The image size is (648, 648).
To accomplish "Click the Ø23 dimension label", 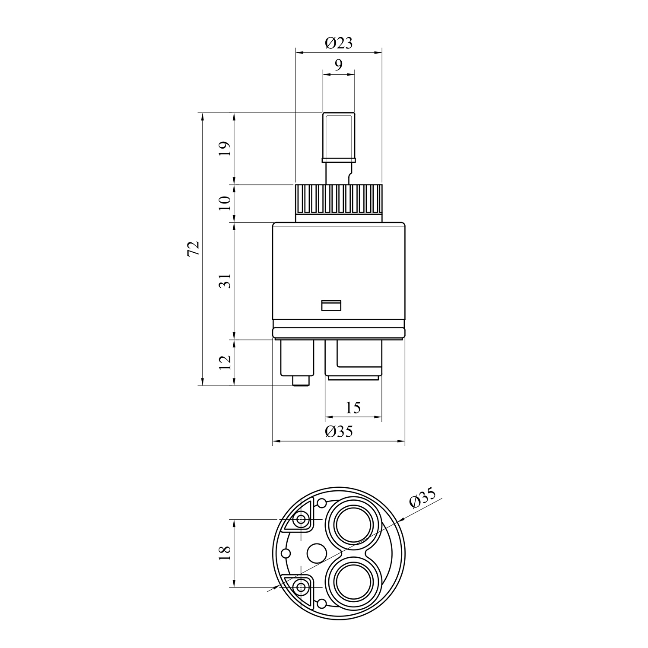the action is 339,43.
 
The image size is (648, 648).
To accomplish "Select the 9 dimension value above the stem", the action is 339,65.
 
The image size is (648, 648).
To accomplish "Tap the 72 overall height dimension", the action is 194,249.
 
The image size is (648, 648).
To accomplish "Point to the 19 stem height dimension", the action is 226,149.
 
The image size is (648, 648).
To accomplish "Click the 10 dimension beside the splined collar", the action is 226,203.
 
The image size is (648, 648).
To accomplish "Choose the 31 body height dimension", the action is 226,281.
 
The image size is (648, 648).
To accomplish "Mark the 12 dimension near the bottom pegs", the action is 226,362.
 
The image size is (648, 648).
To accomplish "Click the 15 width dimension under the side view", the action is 353,407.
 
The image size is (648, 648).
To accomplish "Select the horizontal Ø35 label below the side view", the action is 339,431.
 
